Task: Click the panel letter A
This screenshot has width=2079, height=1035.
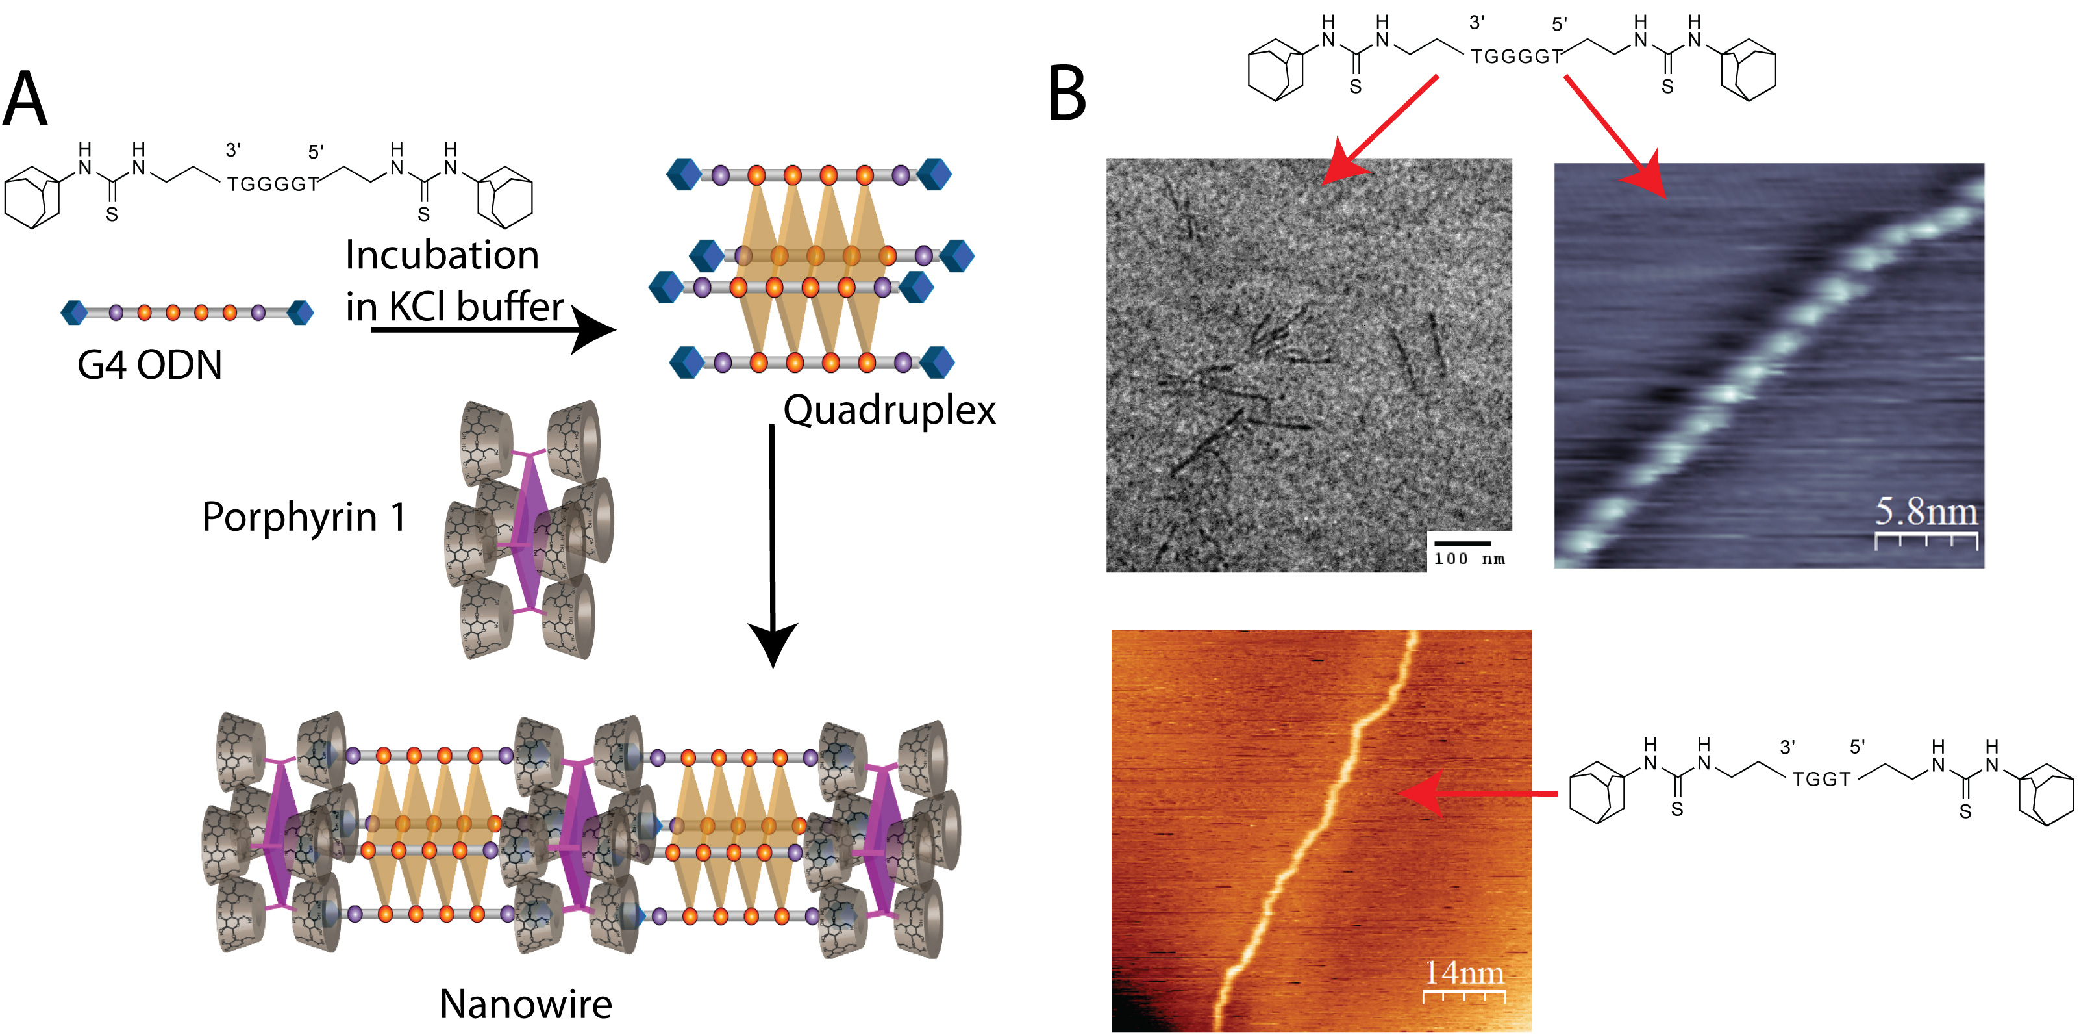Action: pos(26,99)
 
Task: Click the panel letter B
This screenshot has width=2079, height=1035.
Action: pos(1067,94)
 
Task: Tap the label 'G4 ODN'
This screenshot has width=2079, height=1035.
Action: pos(149,365)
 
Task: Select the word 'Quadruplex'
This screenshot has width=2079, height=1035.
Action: pos(890,410)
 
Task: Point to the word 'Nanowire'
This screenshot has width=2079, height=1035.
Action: pos(525,1004)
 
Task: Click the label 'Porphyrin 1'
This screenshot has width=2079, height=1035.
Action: pos(303,517)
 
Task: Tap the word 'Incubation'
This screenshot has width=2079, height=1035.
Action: pos(442,255)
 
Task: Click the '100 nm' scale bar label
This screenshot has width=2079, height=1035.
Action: pos(1469,559)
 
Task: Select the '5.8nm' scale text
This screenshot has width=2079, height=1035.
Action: pos(1926,511)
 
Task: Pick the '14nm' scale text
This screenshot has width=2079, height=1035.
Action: pos(1464,973)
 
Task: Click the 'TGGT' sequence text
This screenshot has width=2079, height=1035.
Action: pos(1821,779)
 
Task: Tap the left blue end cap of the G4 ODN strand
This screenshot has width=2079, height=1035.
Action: pos(74,313)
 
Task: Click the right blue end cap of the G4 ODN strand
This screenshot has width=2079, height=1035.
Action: pos(301,313)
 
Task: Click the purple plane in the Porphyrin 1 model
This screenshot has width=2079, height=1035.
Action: pos(529,529)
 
